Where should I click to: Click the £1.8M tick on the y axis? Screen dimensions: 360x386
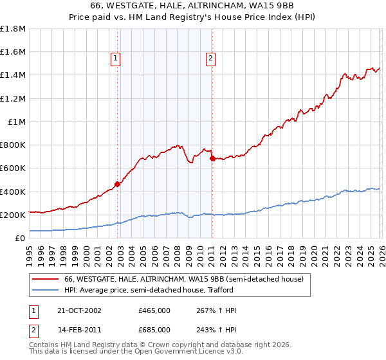[x=13, y=29]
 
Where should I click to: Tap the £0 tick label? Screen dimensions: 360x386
[x=21, y=238]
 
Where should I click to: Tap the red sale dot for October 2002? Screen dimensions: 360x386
[x=117, y=184]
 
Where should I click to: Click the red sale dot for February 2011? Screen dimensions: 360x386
[x=212, y=158]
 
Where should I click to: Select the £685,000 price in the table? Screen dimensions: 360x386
[x=154, y=330]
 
